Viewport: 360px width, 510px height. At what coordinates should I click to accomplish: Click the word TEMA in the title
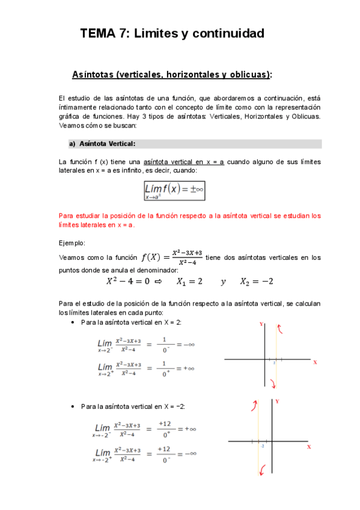point(98,34)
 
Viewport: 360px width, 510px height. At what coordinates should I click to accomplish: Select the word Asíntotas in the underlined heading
point(93,75)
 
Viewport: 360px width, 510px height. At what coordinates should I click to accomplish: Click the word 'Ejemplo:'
point(72,243)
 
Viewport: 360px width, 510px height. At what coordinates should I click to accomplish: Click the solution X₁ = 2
point(189,281)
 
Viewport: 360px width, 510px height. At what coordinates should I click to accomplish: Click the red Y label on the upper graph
point(261,324)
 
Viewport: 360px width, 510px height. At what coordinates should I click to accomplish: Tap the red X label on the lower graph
point(309,447)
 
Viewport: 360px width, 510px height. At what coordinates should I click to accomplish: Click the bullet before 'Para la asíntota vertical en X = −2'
point(73,407)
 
